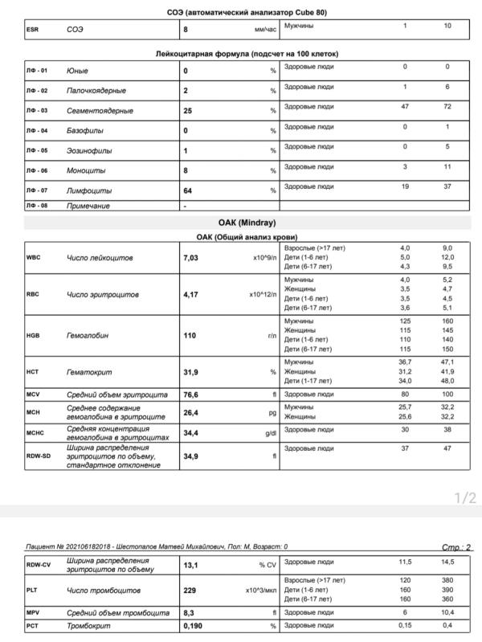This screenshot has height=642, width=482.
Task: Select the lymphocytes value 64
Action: point(190,190)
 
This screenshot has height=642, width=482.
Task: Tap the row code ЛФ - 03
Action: point(37,110)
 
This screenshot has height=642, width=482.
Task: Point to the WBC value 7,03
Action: point(191,258)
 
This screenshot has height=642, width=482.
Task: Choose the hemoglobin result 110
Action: point(190,335)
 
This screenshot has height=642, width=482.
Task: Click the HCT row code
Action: point(34,373)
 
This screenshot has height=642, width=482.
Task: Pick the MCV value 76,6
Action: point(192,395)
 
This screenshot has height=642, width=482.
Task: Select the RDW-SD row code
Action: point(39,456)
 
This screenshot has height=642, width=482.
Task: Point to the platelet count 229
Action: point(190,591)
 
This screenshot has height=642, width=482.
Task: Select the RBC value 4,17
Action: point(191,295)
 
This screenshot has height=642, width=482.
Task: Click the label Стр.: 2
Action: point(456,547)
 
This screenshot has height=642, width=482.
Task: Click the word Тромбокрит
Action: point(89,625)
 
